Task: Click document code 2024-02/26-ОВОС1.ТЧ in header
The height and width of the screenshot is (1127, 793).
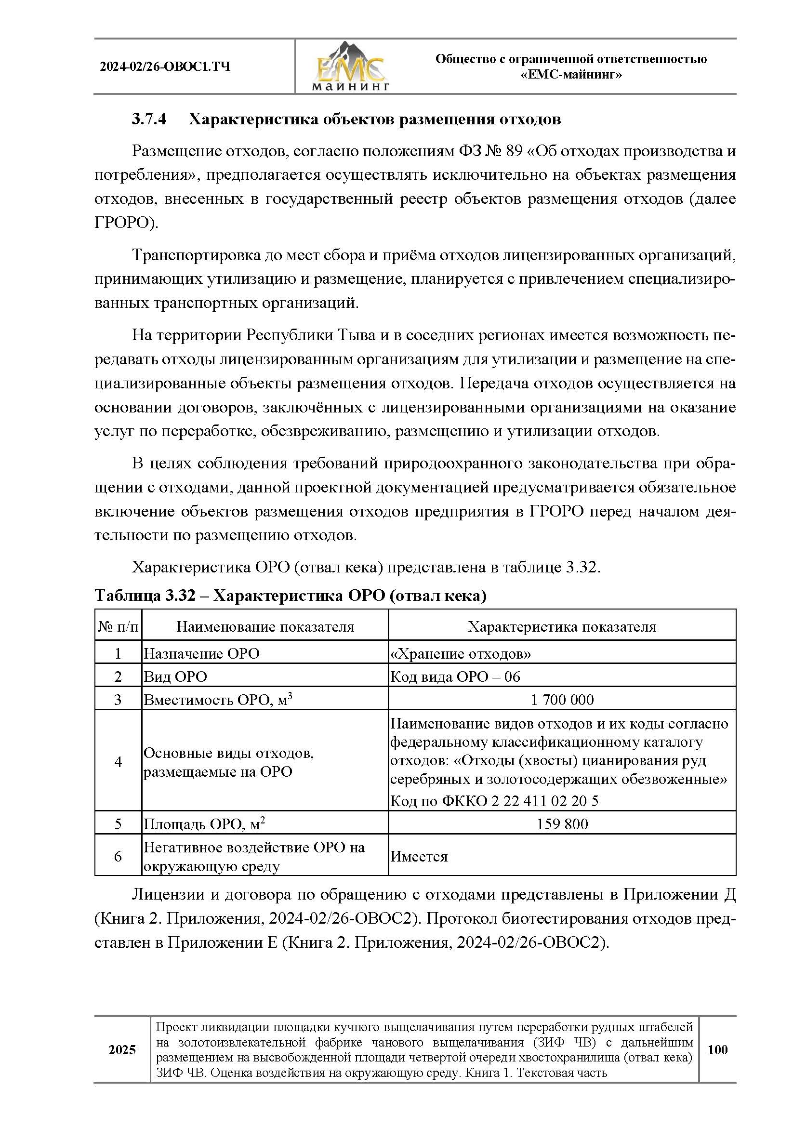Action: (x=165, y=67)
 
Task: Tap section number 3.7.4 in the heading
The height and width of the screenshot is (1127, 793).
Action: (x=149, y=119)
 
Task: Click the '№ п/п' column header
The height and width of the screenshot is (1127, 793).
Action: (x=118, y=626)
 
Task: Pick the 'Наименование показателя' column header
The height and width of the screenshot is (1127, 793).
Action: (x=265, y=626)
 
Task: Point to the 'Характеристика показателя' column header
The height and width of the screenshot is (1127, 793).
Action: (x=561, y=626)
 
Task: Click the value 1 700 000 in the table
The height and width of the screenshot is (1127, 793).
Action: (x=562, y=700)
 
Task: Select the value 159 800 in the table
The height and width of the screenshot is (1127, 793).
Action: (x=562, y=823)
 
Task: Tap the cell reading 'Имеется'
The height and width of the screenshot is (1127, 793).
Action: (x=419, y=857)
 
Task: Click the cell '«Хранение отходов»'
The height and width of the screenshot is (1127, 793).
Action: (x=460, y=653)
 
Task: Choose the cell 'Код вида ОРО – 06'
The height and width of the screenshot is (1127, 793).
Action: (x=455, y=676)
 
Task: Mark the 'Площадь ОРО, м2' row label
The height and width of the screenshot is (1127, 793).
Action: (x=204, y=823)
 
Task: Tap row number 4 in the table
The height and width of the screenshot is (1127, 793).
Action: (x=118, y=761)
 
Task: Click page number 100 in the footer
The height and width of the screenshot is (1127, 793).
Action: (x=717, y=1049)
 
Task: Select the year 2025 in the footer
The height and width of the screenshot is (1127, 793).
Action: (x=122, y=1049)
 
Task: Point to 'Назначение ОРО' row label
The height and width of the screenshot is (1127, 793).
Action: (x=201, y=653)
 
